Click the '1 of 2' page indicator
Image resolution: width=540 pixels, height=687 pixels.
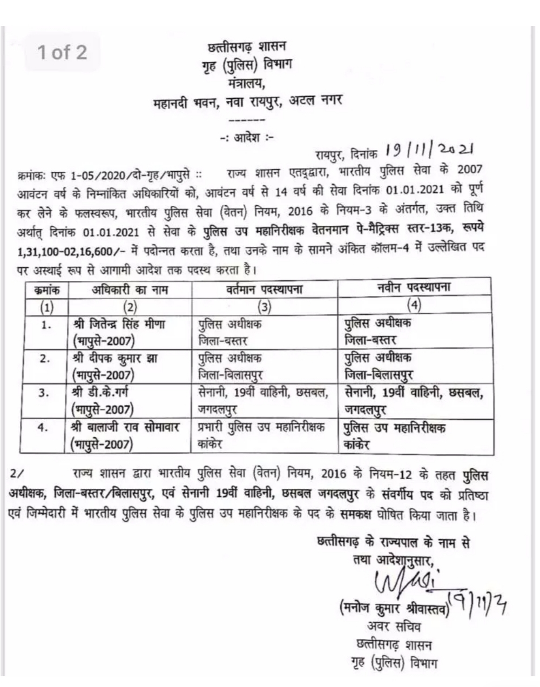coord(62,52)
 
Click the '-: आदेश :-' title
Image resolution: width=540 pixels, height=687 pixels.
coord(247,137)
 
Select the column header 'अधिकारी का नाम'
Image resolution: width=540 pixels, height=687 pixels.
coord(130,290)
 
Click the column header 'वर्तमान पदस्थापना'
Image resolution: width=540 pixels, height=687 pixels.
coord(264,289)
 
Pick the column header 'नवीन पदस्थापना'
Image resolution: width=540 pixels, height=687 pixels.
coord(414,288)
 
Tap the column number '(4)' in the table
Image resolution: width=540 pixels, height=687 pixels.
coord(414,305)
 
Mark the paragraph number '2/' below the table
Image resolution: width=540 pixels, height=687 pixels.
coord(17,474)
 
